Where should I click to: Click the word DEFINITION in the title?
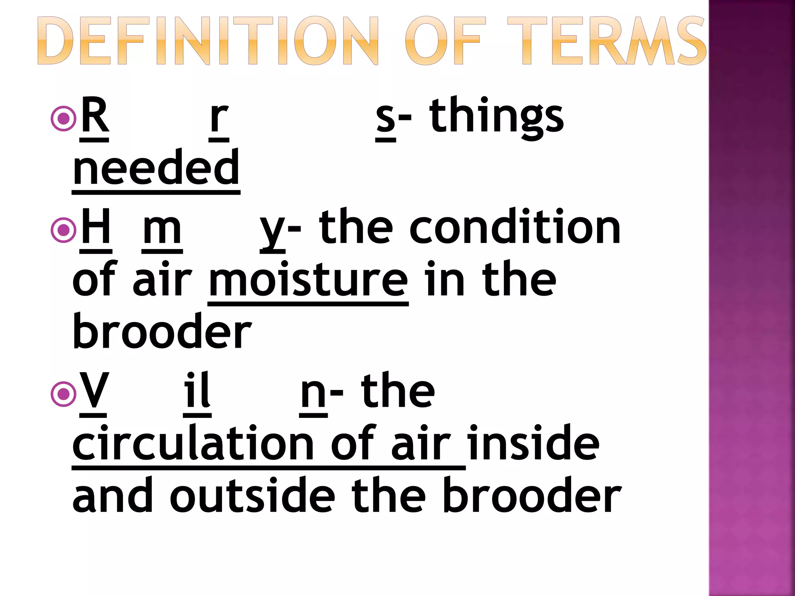pos(208,41)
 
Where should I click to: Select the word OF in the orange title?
pos(444,41)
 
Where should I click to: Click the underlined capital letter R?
pos(94,116)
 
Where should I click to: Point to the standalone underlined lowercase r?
pos(219,118)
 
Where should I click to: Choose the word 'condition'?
pos(515,227)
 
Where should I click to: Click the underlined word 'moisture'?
pos(308,279)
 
